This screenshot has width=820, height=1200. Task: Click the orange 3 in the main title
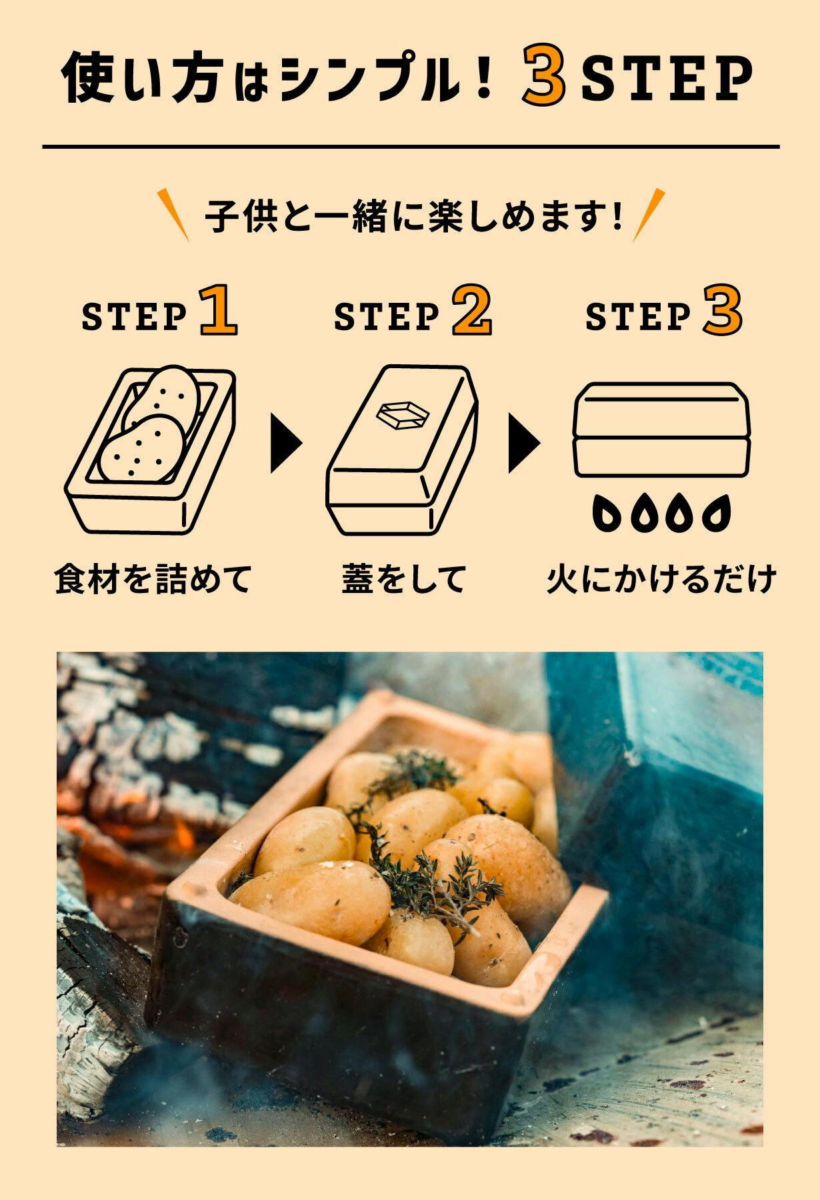[544, 79]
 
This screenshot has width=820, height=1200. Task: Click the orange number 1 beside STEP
[218, 309]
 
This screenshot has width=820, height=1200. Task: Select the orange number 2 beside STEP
[472, 309]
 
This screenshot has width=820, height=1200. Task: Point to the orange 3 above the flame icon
[722, 309]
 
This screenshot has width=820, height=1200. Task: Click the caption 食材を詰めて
[153, 578]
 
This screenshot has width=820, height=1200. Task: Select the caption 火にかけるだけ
[661, 578]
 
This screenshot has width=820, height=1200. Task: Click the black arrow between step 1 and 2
[285, 442]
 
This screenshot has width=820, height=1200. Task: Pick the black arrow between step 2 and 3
[523, 442]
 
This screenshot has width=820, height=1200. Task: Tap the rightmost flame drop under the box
[717, 512]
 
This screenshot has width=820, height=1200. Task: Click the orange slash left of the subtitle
[173, 214]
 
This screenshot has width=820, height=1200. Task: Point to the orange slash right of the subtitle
[649, 214]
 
